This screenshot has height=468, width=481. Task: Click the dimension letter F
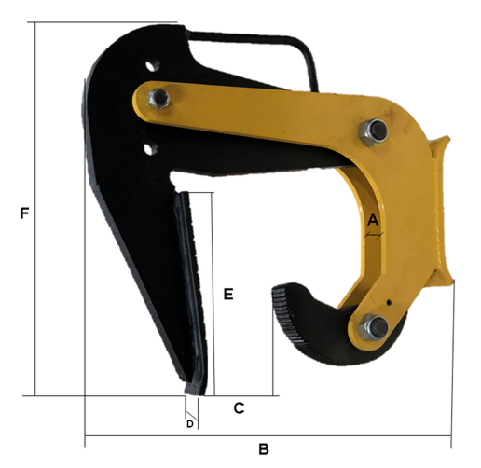click(24, 213)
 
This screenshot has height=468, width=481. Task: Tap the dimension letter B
click(264, 449)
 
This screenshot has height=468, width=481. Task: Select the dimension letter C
click(239, 408)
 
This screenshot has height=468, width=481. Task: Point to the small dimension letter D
click(190, 424)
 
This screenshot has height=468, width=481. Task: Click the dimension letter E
click(228, 294)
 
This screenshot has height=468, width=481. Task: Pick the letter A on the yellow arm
click(373, 220)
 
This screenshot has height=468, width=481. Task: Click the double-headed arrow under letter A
click(374, 236)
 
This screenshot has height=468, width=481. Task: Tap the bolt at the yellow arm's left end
click(158, 99)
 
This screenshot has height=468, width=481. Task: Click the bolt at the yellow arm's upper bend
click(374, 131)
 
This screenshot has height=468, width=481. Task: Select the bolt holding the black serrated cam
click(374, 328)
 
